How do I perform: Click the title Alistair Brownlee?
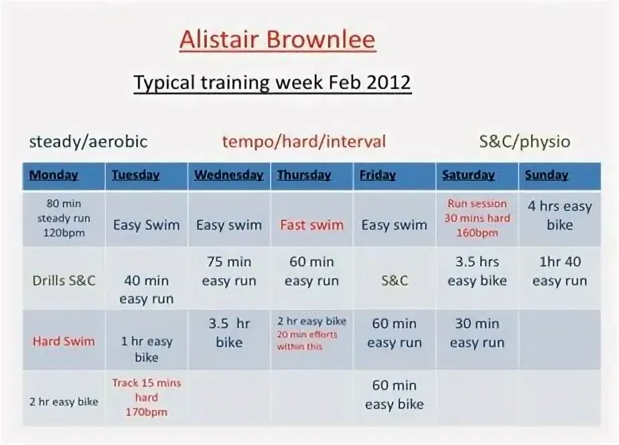point(277,40)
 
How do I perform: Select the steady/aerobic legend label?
point(88,142)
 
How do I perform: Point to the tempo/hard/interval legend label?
point(304,142)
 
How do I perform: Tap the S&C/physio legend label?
point(525,142)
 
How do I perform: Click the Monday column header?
point(54,176)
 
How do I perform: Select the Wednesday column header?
point(228,176)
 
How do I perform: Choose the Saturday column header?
point(468,176)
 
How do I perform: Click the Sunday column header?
point(547,176)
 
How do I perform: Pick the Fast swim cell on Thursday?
point(312,225)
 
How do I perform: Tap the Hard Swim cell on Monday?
point(64,341)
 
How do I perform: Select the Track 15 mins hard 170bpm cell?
point(146,397)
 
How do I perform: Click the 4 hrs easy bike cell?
point(559,216)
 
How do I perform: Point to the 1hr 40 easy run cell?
point(559,271)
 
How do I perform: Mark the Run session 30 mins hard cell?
point(477,218)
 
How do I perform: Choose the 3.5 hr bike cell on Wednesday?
point(229,333)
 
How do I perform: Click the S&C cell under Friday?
point(394,280)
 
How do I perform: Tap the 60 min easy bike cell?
point(394,395)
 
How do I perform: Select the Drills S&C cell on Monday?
point(64,280)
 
